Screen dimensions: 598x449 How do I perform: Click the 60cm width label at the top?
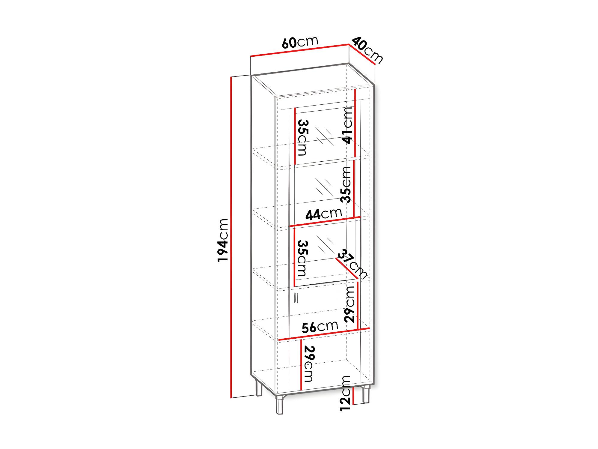(x=300, y=42)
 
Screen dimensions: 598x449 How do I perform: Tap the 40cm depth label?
(x=367, y=50)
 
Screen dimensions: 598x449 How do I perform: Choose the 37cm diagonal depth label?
(x=353, y=264)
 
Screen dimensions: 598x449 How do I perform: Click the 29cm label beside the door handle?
(x=350, y=304)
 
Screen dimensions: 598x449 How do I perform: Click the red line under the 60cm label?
(x=300, y=50)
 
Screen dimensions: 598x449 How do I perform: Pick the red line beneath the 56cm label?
(x=324, y=334)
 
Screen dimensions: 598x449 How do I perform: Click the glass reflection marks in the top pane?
(x=324, y=136)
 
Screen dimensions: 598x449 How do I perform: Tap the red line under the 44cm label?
(x=325, y=221)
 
